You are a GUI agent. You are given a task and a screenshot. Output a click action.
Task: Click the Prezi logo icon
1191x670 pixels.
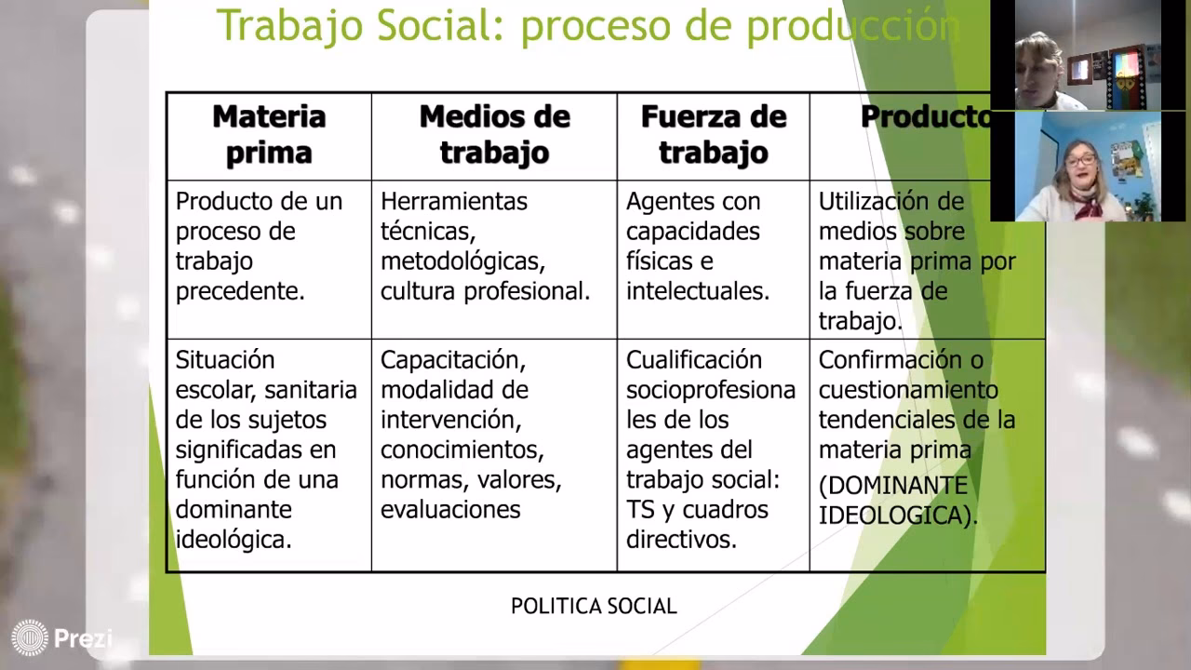click(x=30, y=638)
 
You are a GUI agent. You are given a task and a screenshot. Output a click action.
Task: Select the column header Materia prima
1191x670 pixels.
click(x=269, y=134)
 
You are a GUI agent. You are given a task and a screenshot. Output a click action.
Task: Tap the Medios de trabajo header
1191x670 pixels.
click(x=494, y=134)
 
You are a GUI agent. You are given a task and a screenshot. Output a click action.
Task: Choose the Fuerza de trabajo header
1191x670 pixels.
click(x=714, y=134)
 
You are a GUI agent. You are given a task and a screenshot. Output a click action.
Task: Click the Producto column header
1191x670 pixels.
click(x=925, y=116)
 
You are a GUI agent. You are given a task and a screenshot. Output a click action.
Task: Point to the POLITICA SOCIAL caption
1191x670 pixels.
click(x=594, y=607)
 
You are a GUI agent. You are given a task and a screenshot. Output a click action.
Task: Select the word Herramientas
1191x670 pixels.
click(x=454, y=202)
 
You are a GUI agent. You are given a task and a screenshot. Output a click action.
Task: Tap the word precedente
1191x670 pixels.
click(x=240, y=291)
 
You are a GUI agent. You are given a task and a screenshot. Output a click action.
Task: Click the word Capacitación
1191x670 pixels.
click(x=453, y=360)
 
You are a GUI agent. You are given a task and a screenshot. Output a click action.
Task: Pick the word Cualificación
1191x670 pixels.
click(x=694, y=360)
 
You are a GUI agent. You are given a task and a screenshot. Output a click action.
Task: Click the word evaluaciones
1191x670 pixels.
click(x=450, y=510)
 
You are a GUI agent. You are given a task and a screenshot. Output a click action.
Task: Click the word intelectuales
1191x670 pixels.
click(x=698, y=291)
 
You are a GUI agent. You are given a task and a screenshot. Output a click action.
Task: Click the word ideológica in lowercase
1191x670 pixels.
click(x=234, y=540)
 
